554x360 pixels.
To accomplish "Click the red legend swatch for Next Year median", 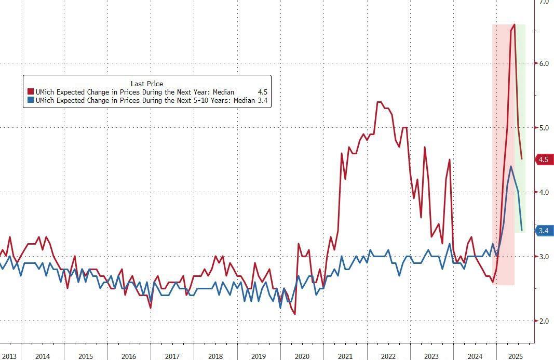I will pos(30,92).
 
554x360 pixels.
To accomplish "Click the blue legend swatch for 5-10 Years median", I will pos(30,101).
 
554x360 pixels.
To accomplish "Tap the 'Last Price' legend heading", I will pos(147,84).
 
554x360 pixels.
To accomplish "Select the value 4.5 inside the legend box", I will pos(263,92).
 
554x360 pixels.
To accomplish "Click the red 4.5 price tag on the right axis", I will pos(543,159).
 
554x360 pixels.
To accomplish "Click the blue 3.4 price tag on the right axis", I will pos(543,231).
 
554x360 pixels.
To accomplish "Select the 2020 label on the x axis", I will pos(302,356).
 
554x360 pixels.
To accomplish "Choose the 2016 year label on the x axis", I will pos(129,356).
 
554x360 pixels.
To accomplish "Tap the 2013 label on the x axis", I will pos(9,356).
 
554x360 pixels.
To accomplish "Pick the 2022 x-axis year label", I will pos(388,356).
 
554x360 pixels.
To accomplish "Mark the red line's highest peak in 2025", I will pos(514,24).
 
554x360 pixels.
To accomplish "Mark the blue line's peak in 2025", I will pos(511,166).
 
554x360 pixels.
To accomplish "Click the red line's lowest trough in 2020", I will pos(294,314).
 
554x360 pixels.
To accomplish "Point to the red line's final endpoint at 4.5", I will pos(521,159).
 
